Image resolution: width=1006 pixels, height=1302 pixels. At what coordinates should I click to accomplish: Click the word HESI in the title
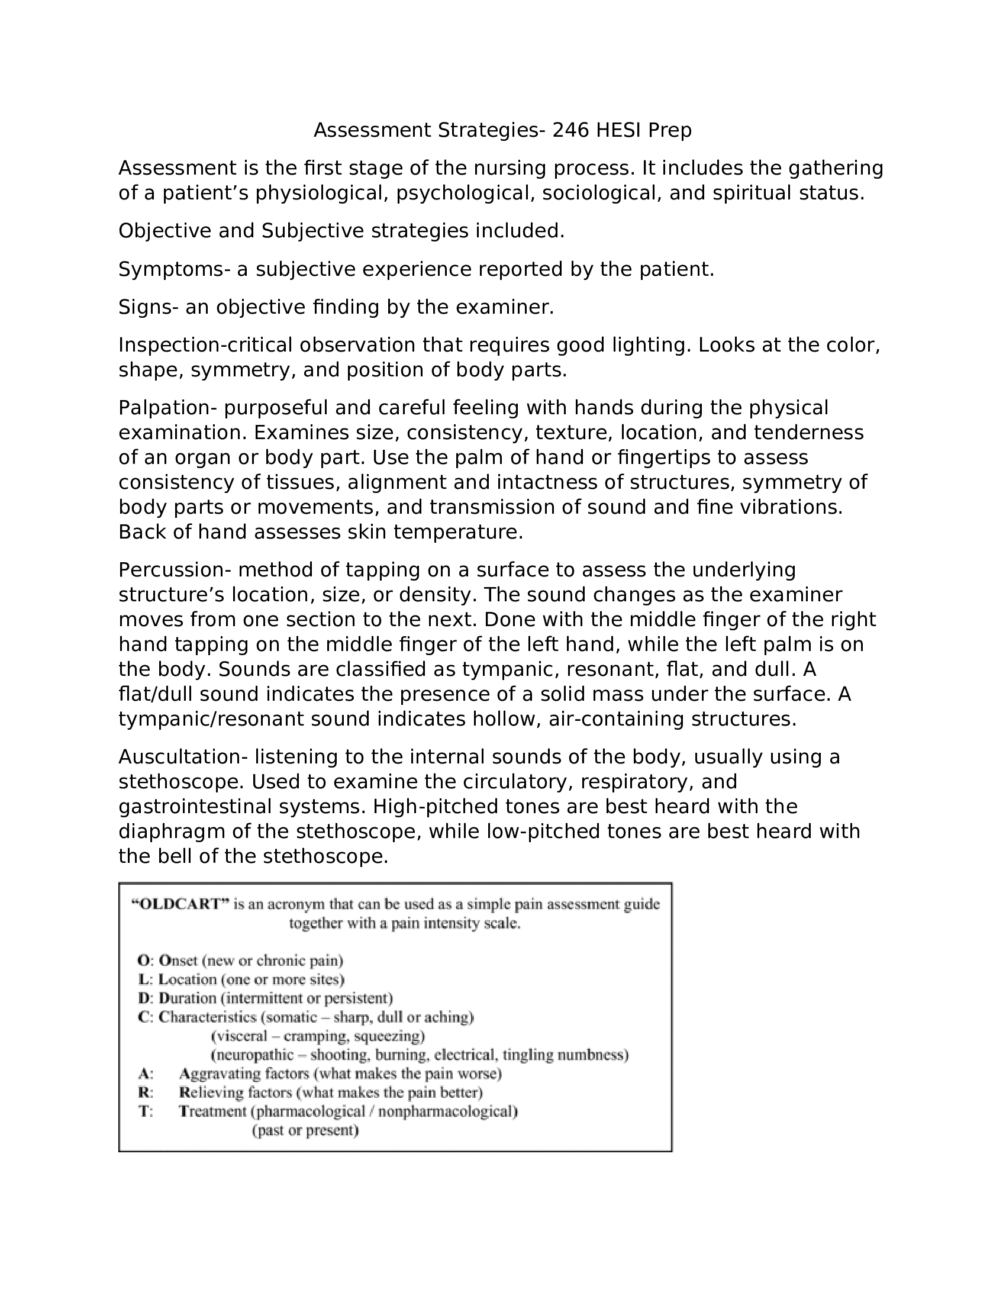618,130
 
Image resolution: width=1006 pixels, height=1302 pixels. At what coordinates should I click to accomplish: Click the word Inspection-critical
205,345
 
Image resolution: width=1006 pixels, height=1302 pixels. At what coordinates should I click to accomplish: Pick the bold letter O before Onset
143,961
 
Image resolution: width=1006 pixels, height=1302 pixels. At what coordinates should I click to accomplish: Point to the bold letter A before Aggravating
144,1074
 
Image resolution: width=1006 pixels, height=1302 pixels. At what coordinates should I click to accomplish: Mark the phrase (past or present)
305,1130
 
